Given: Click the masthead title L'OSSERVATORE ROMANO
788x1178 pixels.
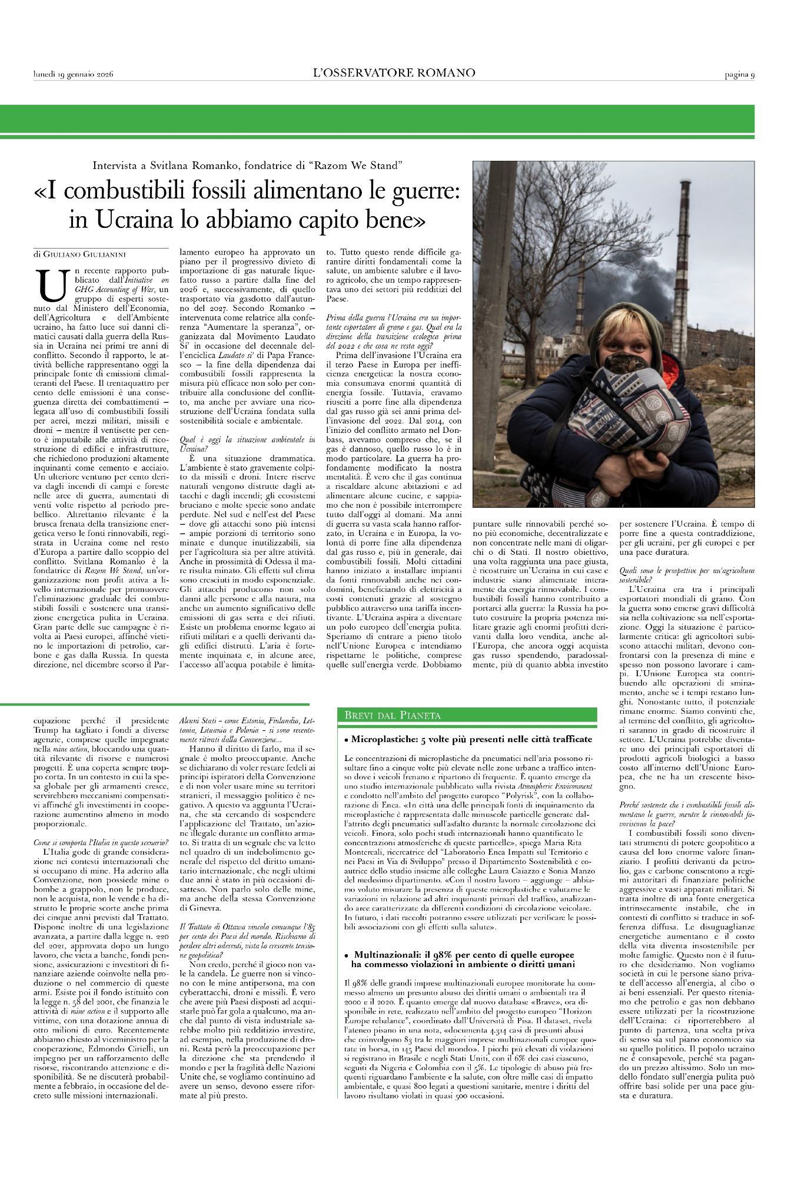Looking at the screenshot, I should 394,73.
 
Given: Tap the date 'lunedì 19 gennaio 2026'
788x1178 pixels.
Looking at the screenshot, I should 73,74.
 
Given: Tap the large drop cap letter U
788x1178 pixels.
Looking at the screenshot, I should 49,285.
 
